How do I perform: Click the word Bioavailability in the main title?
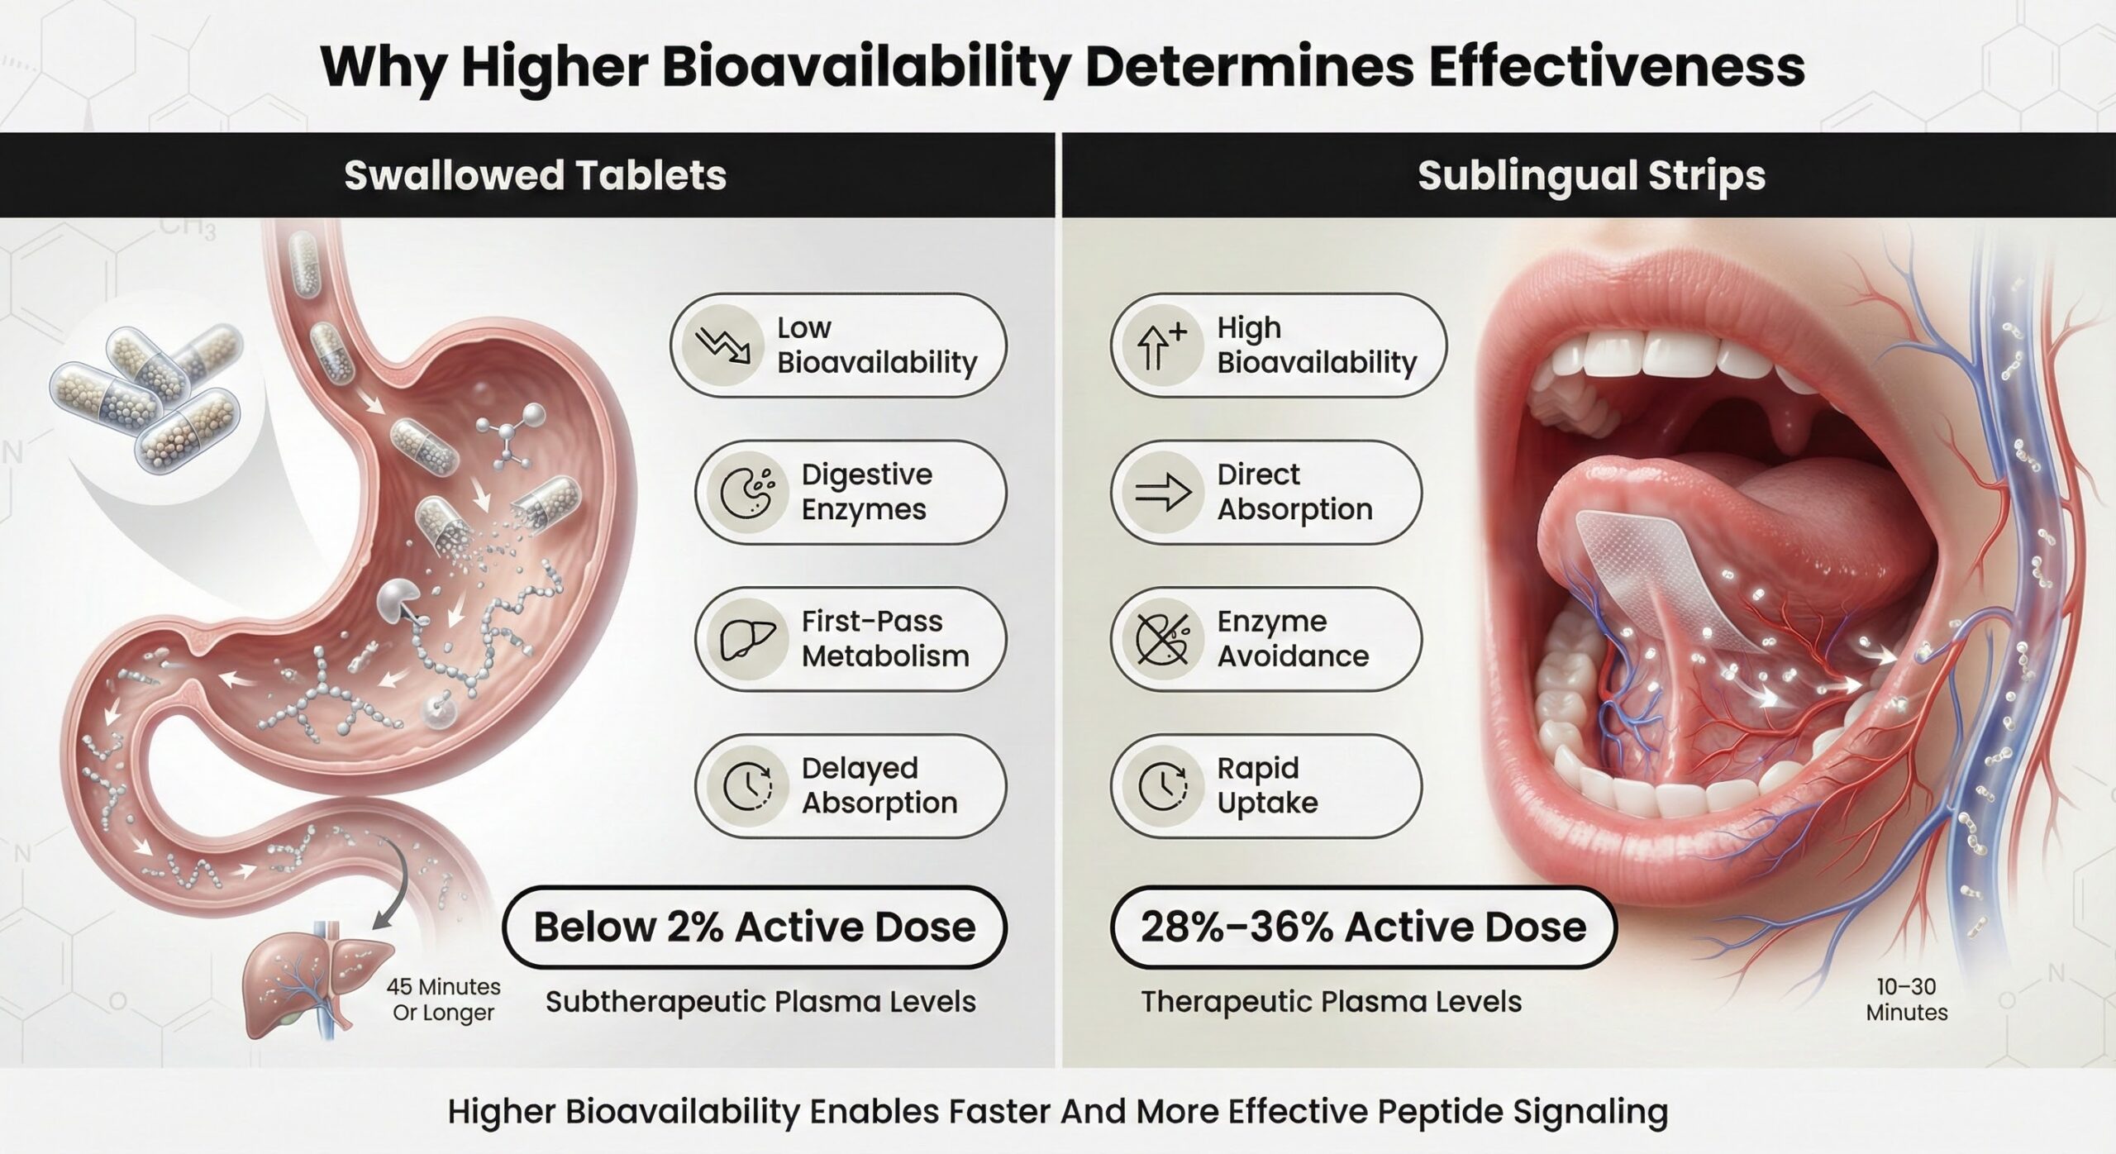[865, 68]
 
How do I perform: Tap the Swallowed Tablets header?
[535, 175]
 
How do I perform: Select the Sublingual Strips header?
[1591, 175]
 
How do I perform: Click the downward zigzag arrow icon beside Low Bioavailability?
[722, 346]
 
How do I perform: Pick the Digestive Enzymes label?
[866, 492]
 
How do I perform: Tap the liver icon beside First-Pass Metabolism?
[748, 639]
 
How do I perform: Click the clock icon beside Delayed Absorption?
[748, 785]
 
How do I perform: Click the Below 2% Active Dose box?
[755, 927]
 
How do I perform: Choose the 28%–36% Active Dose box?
[1363, 927]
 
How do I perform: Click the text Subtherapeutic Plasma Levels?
[760, 1002]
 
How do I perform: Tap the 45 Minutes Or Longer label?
[443, 999]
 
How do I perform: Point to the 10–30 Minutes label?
[1907, 999]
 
